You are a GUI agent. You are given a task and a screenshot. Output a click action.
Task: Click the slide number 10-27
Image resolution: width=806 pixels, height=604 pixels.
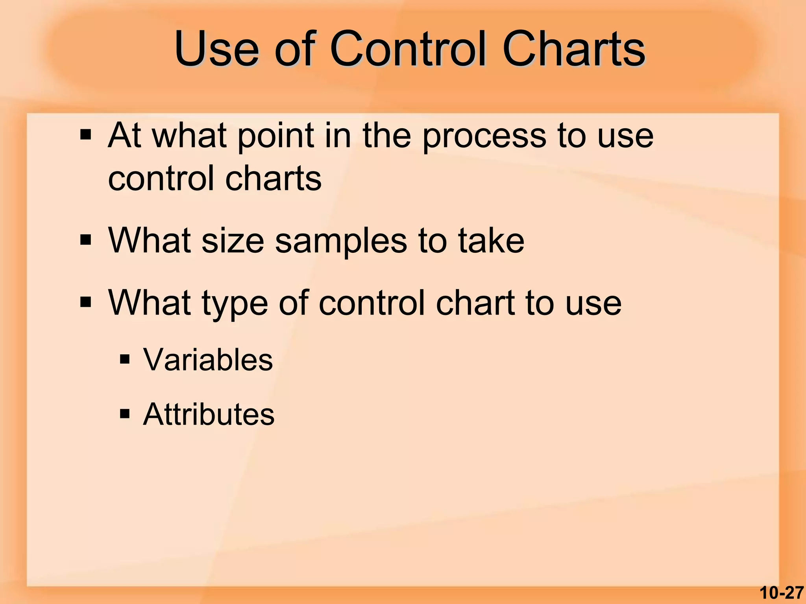tap(781, 593)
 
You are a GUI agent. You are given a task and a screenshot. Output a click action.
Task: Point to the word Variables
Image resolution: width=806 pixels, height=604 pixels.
tap(208, 359)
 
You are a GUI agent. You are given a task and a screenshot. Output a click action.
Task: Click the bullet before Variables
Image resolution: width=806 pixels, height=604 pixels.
tap(125, 359)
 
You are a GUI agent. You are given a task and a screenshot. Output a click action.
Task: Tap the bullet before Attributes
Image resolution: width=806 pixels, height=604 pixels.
tap(125, 414)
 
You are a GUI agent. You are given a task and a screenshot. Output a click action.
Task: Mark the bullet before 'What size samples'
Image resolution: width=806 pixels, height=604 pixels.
tap(85, 240)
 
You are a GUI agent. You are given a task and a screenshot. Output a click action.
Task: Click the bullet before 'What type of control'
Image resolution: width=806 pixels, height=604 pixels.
tap(85, 303)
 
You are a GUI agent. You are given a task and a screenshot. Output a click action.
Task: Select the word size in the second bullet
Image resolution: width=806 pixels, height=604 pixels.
tap(232, 241)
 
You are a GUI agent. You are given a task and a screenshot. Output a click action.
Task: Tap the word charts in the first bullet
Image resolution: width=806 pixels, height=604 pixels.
tap(273, 178)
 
